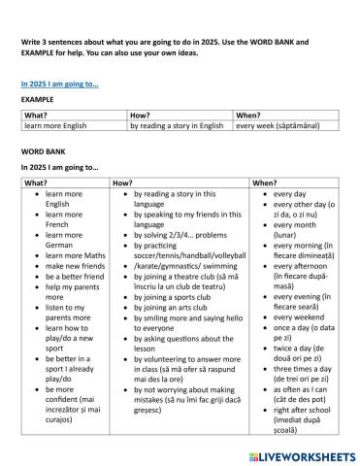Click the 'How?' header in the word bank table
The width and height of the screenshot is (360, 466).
point(123,183)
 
